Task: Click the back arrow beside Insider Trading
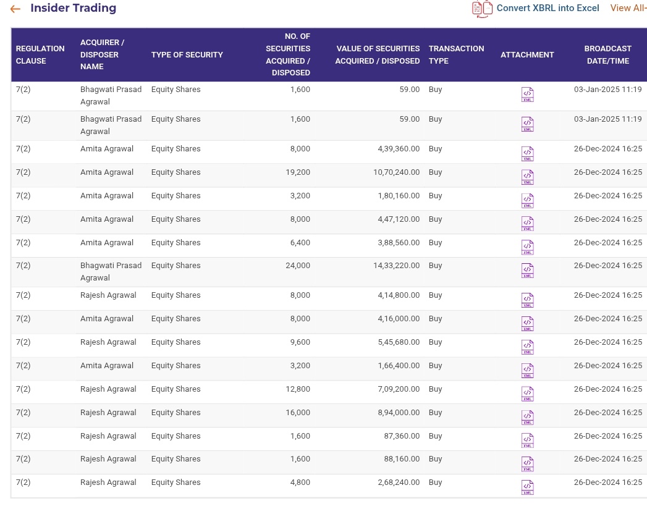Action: tap(15, 9)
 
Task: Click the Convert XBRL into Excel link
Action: tap(548, 8)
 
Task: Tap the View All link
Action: tap(628, 8)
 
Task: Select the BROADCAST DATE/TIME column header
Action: tap(607, 54)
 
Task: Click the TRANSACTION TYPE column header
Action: tap(456, 54)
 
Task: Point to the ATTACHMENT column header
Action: tap(527, 54)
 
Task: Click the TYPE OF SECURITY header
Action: tap(187, 54)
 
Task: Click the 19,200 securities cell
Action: tap(297, 172)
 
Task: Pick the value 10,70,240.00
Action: tap(396, 172)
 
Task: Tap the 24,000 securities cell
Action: tap(297, 266)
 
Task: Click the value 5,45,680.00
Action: tap(399, 342)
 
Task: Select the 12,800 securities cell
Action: tap(297, 389)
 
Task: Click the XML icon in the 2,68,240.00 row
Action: tap(527, 487)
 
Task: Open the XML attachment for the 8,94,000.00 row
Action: tap(527, 417)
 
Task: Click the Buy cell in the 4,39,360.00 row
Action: tap(436, 149)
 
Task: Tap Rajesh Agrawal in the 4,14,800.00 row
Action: tap(108, 295)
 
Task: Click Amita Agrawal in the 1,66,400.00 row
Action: tap(107, 366)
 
